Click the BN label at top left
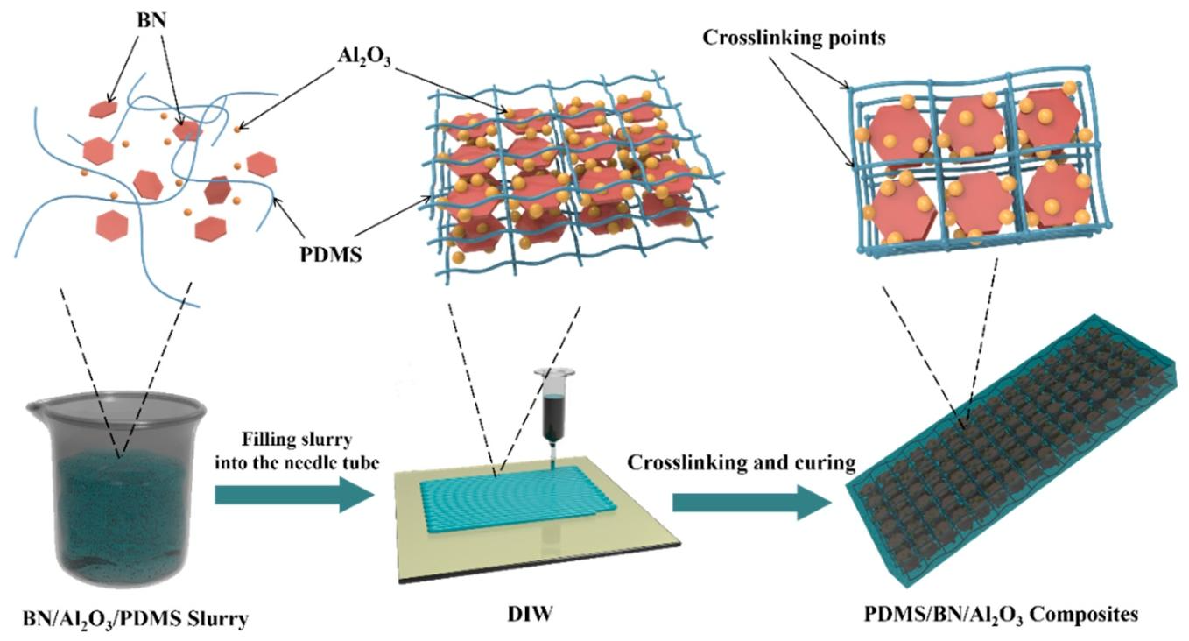coord(151,20)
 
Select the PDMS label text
coord(330,255)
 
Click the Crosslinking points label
coord(794,38)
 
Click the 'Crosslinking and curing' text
coord(742,462)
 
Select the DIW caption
coord(530,615)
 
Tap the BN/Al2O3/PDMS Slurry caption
coord(136,619)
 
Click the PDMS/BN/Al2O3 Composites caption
coord(1001,615)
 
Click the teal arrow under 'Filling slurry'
coord(295,495)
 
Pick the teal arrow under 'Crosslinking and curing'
coord(751,502)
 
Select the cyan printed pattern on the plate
coord(517,497)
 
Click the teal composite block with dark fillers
coord(1015,451)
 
